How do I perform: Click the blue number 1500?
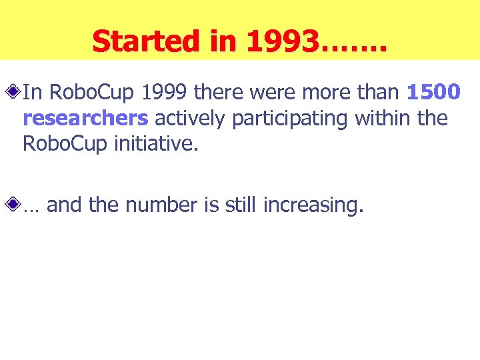pos(433,92)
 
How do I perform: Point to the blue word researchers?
pos(85,118)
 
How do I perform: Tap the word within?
pos(383,118)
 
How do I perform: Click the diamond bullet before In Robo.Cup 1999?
pos(14,92)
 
